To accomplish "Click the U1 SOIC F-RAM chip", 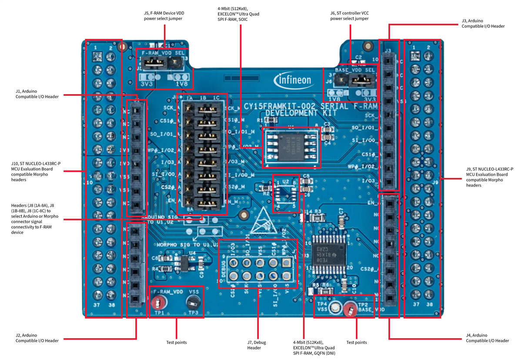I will [291, 147].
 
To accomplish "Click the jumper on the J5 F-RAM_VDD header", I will [154, 64].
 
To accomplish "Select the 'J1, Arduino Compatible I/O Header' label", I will [37, 94].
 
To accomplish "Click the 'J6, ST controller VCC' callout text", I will [349, 16].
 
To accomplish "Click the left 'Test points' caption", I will [177, 342].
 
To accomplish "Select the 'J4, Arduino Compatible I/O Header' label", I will [487, 338].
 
